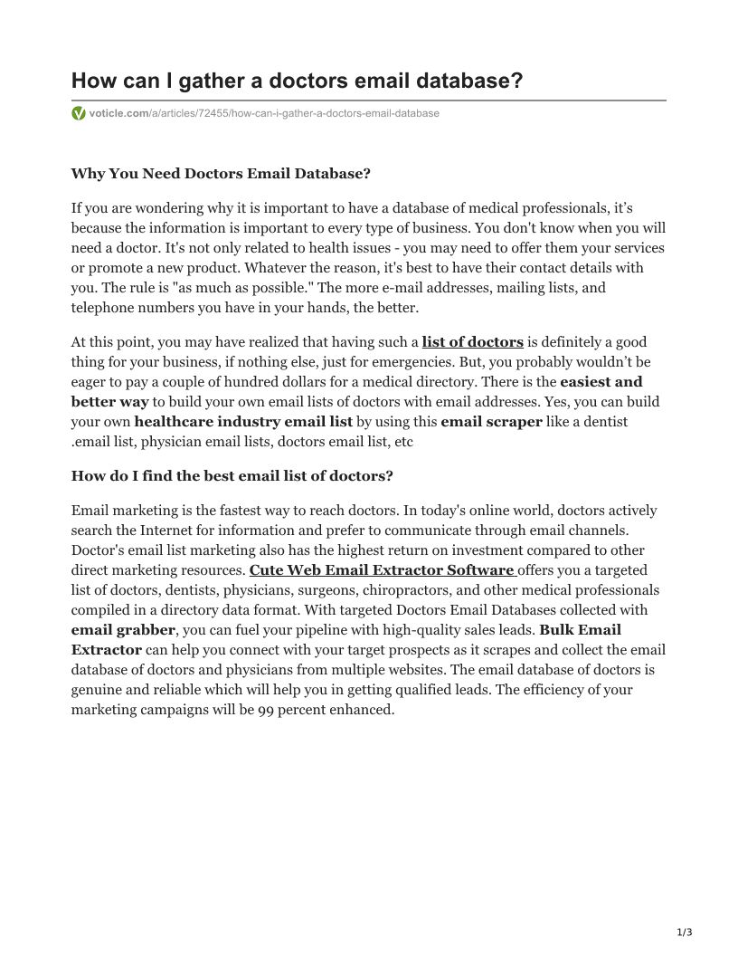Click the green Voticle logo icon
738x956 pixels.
coord(79,113)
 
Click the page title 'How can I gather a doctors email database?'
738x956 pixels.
coord(297,81)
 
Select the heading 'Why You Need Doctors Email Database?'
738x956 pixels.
coord(221,174)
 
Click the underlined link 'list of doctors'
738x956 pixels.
coord(472,342)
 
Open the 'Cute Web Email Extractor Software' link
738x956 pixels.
coord(383,570)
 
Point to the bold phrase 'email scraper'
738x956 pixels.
coord(491,422)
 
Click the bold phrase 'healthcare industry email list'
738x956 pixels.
coord(243,422)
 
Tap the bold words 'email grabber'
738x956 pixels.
coord(123,630)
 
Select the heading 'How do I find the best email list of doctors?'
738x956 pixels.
coord(232,476)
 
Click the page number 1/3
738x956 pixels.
coord(684,932)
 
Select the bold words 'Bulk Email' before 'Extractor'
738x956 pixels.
coord(580,630)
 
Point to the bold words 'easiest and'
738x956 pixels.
coord(601,382)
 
